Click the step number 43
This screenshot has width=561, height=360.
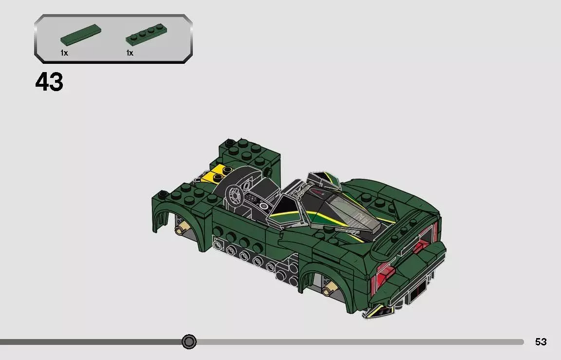[x=49, y=82]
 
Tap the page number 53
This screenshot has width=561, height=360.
[x=541, y=342]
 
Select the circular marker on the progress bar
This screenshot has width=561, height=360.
[x=189, y=341]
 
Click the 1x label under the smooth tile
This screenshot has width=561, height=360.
[x=64, y=53]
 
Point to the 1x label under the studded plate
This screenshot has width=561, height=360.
[x=130, y=53]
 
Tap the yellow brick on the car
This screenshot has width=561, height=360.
[x=214, y=174]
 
